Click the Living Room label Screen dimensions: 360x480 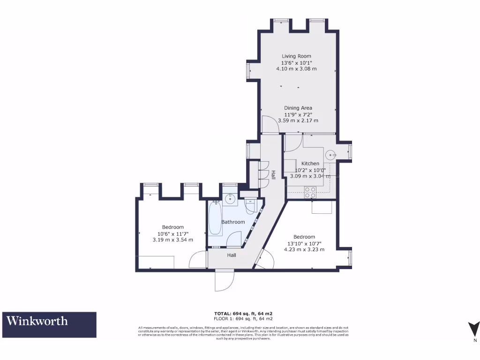[x=296, y=56]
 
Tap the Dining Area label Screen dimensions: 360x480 [x=298, y=108]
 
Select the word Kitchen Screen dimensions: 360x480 [x=310, y=164]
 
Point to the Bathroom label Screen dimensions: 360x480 [x=233, y=222]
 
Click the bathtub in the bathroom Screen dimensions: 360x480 [x=215, y=218]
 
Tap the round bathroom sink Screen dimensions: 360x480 [x=230, y=199]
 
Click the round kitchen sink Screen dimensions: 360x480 [x=331, y=153]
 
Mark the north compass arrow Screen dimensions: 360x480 [x=474, y=328]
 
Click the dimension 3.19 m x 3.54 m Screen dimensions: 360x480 [x=172, y=240]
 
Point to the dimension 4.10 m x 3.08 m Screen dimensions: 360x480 [x=296, y=68]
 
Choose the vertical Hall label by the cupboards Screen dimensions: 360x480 [x=273, y=174]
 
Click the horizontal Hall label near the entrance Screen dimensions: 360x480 [x=232, y=255]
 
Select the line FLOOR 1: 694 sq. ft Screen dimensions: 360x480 [x=243, y=318]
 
